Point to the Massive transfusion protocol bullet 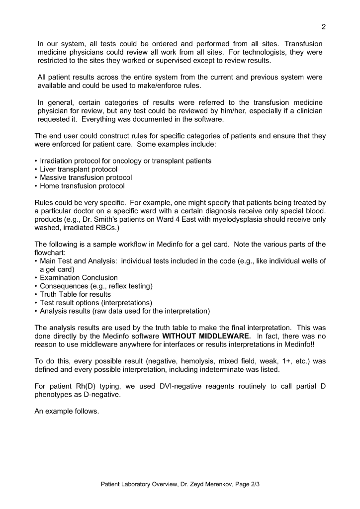[x=86, y=178]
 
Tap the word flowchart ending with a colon [x=50, y=253]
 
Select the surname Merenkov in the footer [x=211, y=483]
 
